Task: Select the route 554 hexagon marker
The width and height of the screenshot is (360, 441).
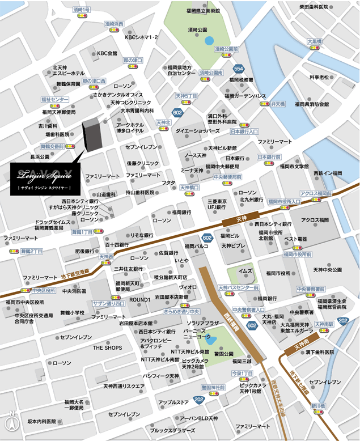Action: [x=239, y=68]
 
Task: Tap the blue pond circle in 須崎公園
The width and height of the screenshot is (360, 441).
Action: [x=210, y=40]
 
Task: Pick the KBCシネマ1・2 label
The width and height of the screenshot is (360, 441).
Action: [x=142, y=37]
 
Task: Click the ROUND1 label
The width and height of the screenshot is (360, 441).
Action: [x=139, y=299]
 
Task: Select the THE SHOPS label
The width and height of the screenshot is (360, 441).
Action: [x=108, y=347]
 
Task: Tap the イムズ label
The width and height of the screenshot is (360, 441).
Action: [x=245, y=272]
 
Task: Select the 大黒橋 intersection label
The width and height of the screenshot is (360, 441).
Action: [x=314, y=41]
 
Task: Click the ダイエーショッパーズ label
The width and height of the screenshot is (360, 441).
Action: [x=197, y=131]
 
